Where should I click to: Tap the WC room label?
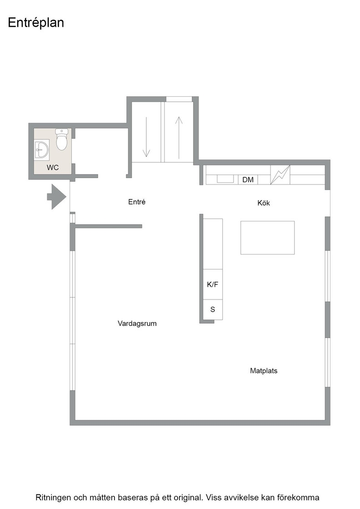click(53, 168)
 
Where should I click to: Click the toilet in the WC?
click(61, 139)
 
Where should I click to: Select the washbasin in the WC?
click(42, 150)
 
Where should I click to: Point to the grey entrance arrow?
click(57, 197)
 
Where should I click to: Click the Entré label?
click(137, 202)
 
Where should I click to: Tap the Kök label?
click(264, 203)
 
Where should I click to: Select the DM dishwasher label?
click(248, 180)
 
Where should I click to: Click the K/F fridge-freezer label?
click(213, 284)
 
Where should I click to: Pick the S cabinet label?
click(213, 309)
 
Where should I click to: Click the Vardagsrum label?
click(137, 323)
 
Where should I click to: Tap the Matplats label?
click(264, 371)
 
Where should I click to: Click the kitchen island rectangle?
click(267, 238)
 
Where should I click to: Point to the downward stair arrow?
click(146, 137)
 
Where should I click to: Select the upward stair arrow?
click(179, 138)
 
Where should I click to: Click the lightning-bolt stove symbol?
click(280, 175)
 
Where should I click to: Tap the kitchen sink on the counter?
click(225, 179)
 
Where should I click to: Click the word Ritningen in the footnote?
click(53, 498)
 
